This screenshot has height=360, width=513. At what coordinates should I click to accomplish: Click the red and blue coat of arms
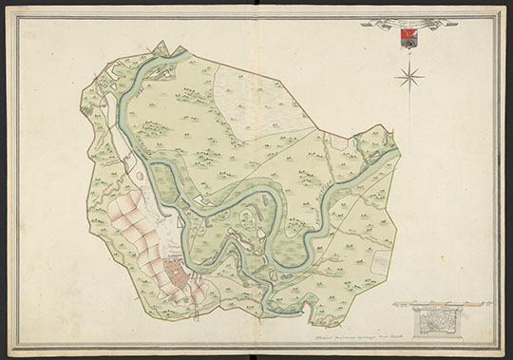(407, 38)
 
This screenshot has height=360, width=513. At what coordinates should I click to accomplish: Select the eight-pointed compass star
(410, 75)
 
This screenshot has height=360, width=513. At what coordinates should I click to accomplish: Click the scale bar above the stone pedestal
(438, 305)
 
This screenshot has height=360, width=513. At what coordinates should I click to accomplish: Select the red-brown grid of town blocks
(178, 276)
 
